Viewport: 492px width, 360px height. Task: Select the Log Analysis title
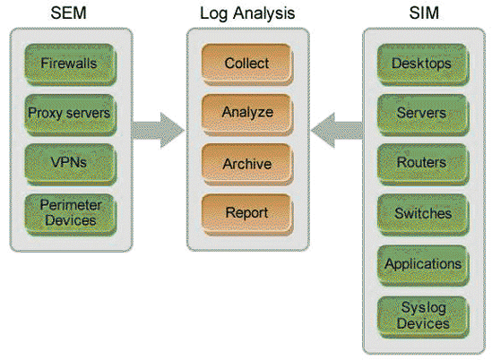[246, 13]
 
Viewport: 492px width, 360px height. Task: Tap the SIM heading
[423, 13]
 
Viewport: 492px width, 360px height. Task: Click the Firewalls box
[69, 64]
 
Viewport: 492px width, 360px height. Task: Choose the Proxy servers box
[69, 114]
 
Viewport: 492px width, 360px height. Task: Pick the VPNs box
[69, 163]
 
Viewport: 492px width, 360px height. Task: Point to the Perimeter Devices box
[69, 212]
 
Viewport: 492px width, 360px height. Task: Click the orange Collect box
[246, 64]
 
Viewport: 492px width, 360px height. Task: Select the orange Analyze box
[246, 114]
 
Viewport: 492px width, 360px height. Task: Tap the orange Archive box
[246, 164]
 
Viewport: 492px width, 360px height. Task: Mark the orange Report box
[246, 213]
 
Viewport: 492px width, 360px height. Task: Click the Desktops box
[423, 64]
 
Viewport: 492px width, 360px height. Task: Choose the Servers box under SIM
[423, 114]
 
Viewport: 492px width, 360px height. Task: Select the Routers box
[423, 163]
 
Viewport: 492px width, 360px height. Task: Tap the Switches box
[423, 213]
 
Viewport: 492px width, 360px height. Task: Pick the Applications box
[423, 264]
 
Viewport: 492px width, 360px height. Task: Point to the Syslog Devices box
[423, 315]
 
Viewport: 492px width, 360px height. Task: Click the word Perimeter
[69, 205]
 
